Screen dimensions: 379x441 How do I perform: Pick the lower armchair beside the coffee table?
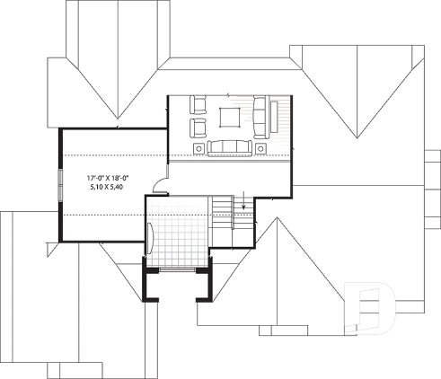click(x=198, y=127)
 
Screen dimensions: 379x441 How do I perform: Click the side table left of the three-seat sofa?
click(x=198, y=146)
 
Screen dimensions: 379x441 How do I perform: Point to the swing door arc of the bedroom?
click(x=158, y=185)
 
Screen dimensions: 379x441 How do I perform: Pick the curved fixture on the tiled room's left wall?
click(x=151, y=238)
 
